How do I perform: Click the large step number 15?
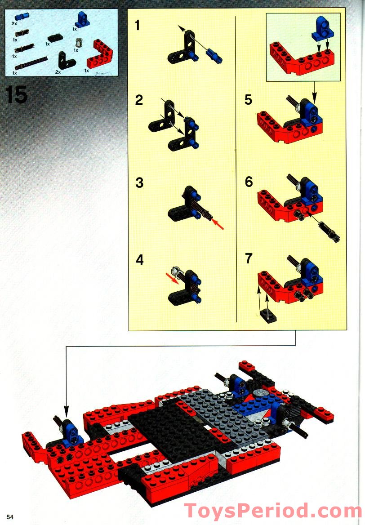click(x=16, y=95)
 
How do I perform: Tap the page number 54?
click(x=10, y=516)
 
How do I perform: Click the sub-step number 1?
click(x=138, y=26)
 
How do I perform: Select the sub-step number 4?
click(x=140, y=260)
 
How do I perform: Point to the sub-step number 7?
click(x=248, y=258)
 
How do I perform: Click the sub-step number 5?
click(x=248, y=99)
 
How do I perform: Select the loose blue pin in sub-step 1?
click(x=214, y=55)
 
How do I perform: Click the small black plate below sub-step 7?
click(x=268, y=316)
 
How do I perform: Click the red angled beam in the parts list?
click(x=100, y=54)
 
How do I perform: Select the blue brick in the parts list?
click(x=81, y=20)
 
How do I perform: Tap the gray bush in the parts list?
click(x=79, y=43)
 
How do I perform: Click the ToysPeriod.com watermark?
click(x=273, y=511)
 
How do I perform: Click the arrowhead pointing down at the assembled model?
click(x=67, y=410)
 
